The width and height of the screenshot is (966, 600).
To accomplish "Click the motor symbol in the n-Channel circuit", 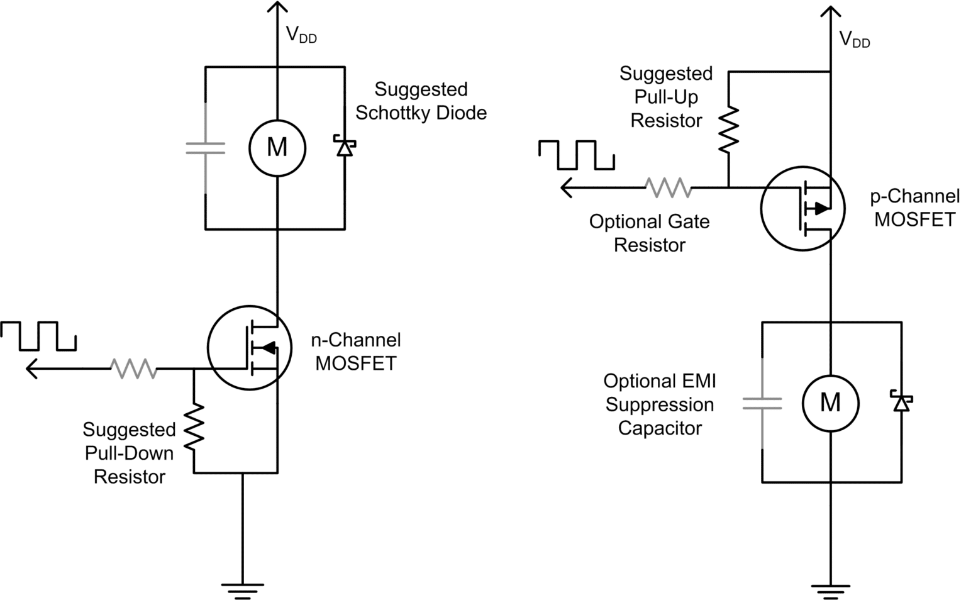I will click(277, 148).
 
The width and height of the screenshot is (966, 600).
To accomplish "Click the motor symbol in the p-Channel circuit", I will click(830, 403).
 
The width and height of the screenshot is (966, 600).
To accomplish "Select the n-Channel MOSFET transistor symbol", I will click(249, 348).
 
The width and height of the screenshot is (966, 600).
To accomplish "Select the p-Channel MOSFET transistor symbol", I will click(802, 208).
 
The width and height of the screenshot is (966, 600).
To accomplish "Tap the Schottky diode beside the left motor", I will click(344, 147).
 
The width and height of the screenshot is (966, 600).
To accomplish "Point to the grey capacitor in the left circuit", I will click(205, 148).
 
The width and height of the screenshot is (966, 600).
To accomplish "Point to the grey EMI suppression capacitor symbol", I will click(762, 403).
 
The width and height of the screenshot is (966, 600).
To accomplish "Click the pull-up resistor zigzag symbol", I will click(728, 130).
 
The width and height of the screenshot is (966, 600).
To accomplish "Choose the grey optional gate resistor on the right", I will click(668, 187).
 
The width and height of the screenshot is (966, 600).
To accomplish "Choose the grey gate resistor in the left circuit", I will click(133, 369).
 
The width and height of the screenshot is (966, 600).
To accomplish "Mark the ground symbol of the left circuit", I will click(242, 589).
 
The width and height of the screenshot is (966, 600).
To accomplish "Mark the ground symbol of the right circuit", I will click(830, 590).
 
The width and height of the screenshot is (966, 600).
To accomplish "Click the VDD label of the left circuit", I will click(301, 35).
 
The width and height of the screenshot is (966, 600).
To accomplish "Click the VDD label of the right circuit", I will click(855, 40).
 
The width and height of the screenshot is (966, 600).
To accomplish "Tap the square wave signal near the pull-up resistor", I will click(576, 155).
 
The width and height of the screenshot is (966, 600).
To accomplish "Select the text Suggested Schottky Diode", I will click(421, 101).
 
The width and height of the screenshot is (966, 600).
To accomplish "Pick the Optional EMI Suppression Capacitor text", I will click(659, 404).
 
